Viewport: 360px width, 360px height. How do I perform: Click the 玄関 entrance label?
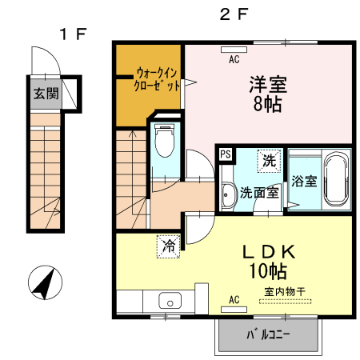tap(46, 94)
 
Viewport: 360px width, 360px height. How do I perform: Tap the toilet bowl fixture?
tap(165, 141)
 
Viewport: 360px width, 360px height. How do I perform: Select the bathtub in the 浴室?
tap(337, 179)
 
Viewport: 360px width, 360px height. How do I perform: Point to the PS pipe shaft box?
tap(226, 154)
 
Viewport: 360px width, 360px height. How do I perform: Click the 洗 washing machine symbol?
tap(269, 161)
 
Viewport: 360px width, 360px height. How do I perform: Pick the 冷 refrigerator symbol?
tap(169, 246)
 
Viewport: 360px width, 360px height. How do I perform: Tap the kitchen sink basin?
tap(170, 301)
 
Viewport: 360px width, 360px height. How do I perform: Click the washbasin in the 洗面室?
tap(228, 195)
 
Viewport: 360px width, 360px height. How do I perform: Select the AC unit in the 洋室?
tap(234, 50)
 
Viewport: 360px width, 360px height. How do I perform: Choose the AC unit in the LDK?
tap(234, 310)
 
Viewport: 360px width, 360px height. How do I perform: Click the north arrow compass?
tap(45, 282)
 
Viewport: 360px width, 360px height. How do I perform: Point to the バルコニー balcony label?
tap(268, 334)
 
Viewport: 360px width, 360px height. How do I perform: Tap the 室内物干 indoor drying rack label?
tap(285, 291)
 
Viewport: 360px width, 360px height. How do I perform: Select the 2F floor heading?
tap(234, 14)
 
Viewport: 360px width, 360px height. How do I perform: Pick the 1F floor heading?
tap(73, 34)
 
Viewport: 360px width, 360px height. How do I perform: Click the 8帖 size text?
tap(267, 104)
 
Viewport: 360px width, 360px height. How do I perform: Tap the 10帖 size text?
tap(268, 271)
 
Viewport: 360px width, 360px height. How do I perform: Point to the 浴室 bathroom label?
tap(304, 182)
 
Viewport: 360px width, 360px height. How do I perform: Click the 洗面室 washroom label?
tap(259, 193)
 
